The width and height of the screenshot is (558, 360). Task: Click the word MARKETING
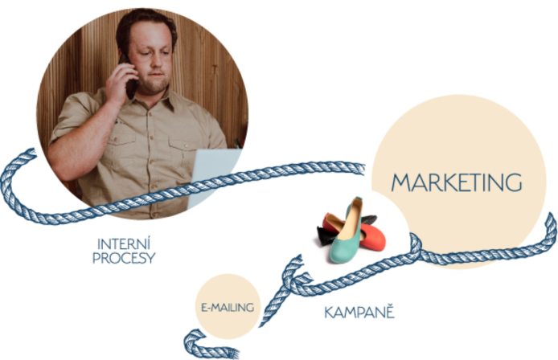457,182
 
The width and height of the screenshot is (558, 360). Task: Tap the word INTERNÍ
124,244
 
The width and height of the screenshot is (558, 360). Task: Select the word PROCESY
124,258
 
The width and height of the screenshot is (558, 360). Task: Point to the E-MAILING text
228,307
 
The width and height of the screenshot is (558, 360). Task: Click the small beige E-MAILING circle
228,306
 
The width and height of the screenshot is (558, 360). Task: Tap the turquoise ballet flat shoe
345,231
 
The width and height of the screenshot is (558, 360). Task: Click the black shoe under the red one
326,235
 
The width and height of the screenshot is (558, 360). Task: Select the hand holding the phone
121,84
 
